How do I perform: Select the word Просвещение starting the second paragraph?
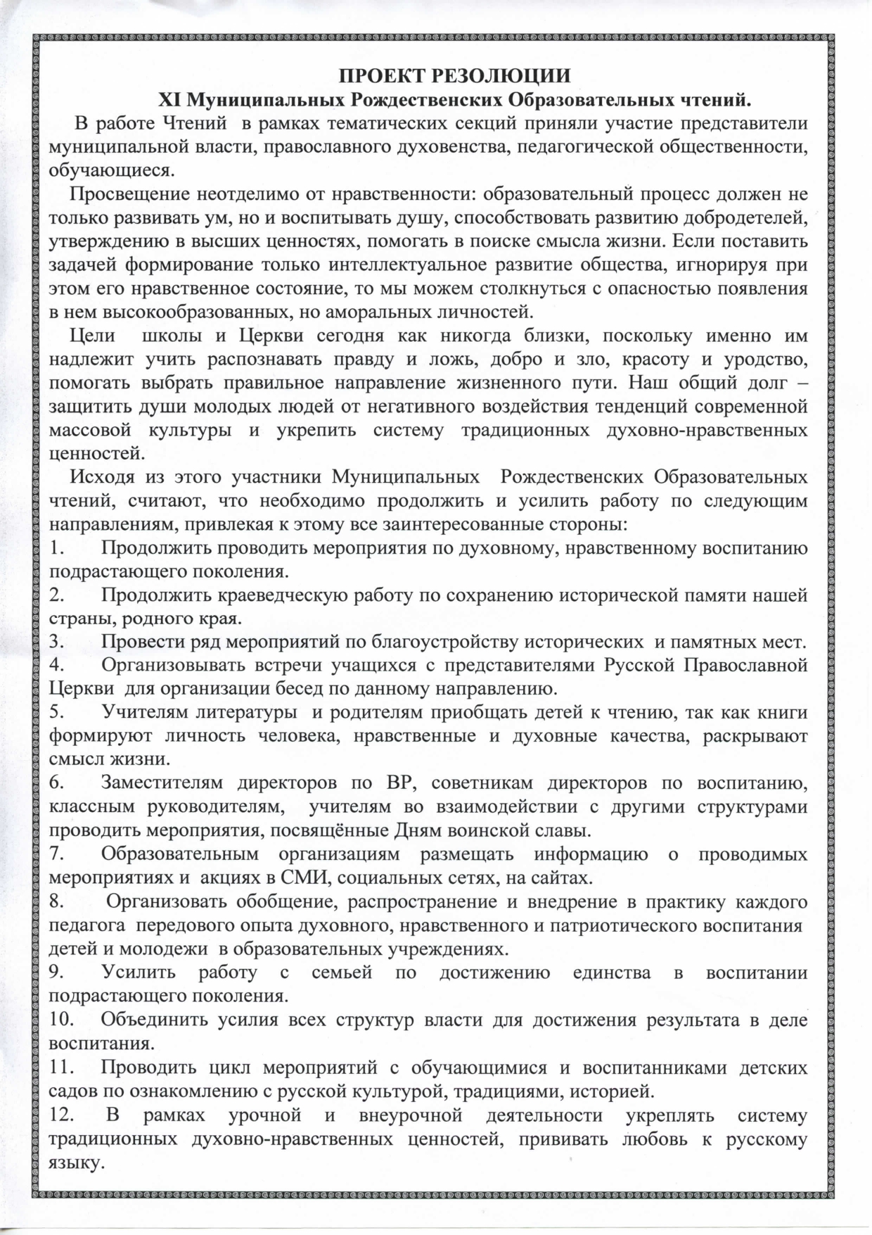click(129, 194)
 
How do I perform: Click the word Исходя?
click(101, 476)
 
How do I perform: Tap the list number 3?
click(57, 642)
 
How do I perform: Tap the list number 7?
click(57, 854)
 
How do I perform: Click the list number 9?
click(57, 973)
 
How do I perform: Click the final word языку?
click(76, 1163)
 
